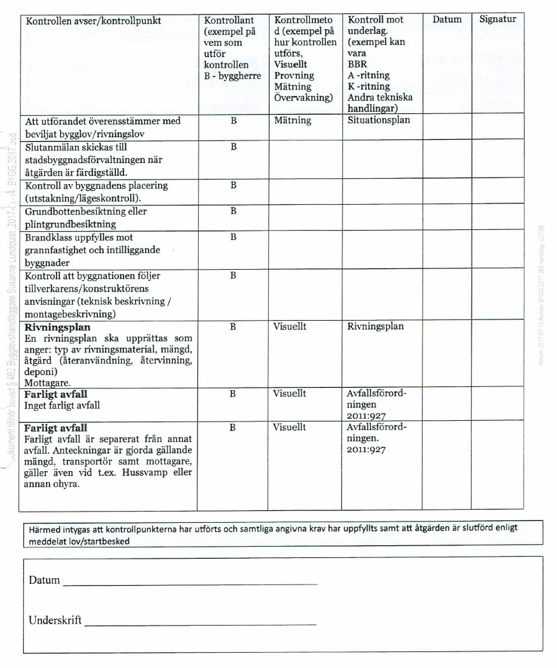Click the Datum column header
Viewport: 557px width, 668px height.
pos(447,19)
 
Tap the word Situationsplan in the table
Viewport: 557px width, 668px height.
pos(379,120)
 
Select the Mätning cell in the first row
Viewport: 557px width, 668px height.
pos(293,121)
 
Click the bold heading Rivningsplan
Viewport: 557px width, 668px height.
pos(58,327)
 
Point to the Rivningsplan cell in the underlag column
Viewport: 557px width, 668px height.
pos(376,326)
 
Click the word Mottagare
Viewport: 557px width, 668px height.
pos(46,383)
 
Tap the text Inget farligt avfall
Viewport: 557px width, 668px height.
pos(62,405)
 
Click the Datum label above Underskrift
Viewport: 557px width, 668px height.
pos(44,581)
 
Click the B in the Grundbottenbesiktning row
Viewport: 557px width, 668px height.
pos(233,211)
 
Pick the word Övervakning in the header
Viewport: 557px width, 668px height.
pos(303,97)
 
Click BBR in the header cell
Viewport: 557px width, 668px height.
pos(357,64)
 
